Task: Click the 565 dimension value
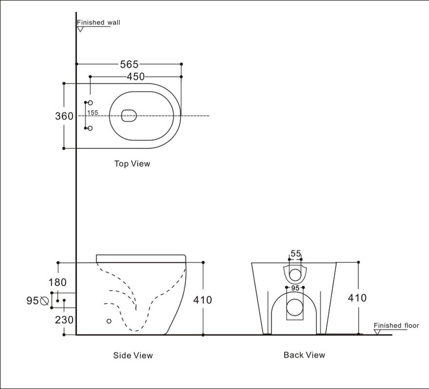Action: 129,64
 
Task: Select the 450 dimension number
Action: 135,77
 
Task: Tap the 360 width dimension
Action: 64,116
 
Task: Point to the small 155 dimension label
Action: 93,113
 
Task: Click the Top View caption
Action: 132,163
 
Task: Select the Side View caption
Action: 133,355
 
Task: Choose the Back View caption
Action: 304,355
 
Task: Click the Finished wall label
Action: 98,22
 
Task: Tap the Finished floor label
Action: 396,326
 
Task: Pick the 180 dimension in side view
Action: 58,282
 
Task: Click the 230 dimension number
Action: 63,320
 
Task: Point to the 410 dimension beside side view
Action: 202,300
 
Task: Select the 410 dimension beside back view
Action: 357,298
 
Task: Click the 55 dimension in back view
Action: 296,253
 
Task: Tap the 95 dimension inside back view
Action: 295,288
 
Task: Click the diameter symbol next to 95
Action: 44,301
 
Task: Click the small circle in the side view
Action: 109,321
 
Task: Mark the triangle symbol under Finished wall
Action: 80,29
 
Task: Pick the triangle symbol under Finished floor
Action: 377,332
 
